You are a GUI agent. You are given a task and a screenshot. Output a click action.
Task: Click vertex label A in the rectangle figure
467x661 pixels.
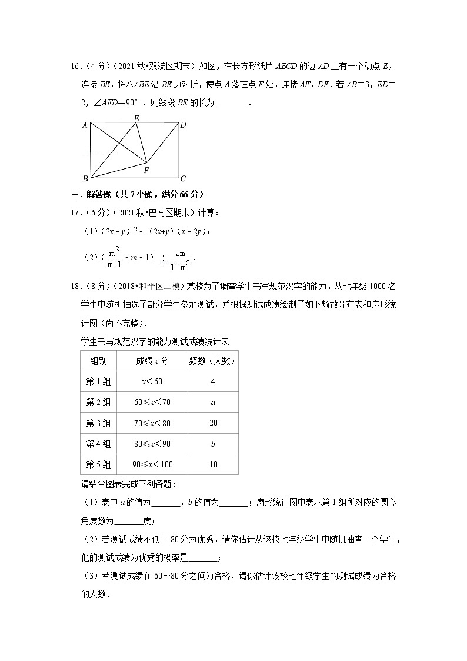pos(85,125)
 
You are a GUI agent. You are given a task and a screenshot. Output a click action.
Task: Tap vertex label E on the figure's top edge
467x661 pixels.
pos(136,118)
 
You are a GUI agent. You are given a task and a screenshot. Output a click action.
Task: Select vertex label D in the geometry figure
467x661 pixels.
pos(183,125)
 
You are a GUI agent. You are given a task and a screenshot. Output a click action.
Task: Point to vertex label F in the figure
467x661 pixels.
pos(146,170)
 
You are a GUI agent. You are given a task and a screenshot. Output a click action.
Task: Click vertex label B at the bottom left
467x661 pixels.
pos(85,178)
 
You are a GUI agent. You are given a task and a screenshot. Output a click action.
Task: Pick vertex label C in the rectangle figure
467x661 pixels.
pos(183,179)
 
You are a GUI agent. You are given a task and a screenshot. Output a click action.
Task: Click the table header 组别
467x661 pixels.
pos(98,361)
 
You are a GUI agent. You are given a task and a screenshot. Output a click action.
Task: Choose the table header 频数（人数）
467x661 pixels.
pos(212,361)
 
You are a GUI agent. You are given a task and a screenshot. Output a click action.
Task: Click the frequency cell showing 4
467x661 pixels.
pos(212,381)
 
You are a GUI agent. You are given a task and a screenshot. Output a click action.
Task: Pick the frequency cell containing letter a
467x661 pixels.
pos(212,402)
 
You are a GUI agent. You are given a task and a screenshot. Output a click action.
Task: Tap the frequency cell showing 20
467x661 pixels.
pos(212,423)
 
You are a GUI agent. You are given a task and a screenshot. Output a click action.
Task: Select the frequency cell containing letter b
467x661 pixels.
pos(212,444)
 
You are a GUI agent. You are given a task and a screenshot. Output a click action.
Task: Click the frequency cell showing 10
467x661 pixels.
pos(212,464)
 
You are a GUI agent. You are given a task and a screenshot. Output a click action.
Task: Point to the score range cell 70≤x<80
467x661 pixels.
pos(152,423)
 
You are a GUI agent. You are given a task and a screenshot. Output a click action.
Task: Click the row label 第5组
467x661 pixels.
pos(98,464)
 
